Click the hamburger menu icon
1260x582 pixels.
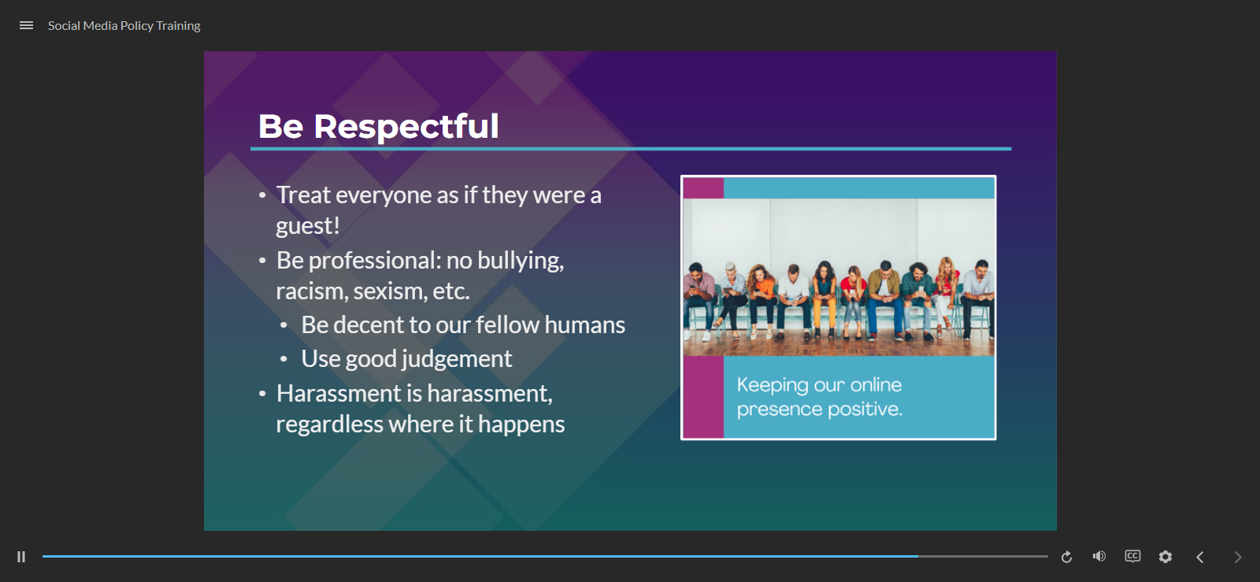pyautogui.click(x=27, y=25)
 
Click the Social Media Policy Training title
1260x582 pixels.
pyautogui.click(x=124, y=26)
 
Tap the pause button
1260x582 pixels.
pyautogui.click(x=21, y=557)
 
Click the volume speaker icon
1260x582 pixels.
pyautogui.click(x=1099, y=556)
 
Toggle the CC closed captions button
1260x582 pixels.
pyautogui.click(x=1132, y=556)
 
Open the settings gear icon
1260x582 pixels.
pyautogui.click(x=1165, y=557)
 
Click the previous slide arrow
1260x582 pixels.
pyautogui.click(x=1200, y=557)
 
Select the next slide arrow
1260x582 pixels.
pyautogui.click(x=1237, y=557)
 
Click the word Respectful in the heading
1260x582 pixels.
pyautogui.click(x=406, y=127)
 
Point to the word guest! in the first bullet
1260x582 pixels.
pyautogui.click(x=308, y=226)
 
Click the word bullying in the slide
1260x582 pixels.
pyautogui.click(x=521, y=261)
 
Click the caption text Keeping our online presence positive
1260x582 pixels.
pyautogui.click(x=820, y=396)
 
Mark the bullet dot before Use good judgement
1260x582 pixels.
pyautogui.click(x=284, y=359)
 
